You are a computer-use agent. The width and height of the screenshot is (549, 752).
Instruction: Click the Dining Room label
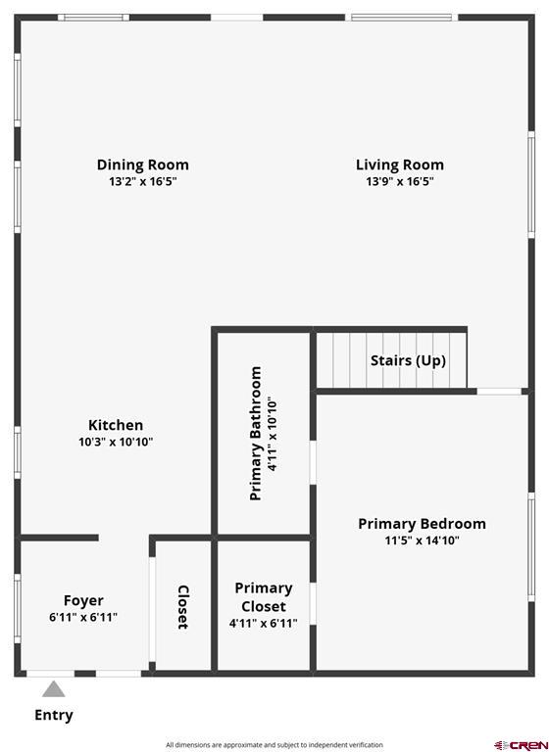(143, 164)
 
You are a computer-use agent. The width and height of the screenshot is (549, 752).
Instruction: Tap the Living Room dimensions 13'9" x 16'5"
(400, 181)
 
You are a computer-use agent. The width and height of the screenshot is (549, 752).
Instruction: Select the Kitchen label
(116, 425)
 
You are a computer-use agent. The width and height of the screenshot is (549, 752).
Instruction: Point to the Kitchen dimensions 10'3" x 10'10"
(116, 442)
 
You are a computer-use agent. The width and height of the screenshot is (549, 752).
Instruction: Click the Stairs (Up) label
(408, 360)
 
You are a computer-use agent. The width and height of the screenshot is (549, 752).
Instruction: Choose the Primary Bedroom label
(423, 524)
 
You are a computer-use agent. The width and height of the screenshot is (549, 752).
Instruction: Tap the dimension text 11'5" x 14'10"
(423, 540)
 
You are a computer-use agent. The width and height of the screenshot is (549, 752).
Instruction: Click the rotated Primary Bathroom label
(256, 434)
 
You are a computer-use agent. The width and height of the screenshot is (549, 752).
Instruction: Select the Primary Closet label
(263, 597)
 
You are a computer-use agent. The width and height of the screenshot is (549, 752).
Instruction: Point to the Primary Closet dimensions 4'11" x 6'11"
(263, 624)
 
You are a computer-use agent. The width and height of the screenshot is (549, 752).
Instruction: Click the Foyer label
(83, 600)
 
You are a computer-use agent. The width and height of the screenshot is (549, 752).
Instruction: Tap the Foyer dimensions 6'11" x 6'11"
(83, 617)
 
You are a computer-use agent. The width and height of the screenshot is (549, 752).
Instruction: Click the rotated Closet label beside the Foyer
(183, 607)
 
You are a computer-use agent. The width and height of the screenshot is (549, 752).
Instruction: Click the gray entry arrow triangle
(53, 690)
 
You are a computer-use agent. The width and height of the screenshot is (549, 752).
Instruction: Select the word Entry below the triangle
(54, 715)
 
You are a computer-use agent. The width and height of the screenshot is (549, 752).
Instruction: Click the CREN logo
(521, 745)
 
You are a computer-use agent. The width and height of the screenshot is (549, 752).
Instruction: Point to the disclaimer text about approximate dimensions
(274, 745)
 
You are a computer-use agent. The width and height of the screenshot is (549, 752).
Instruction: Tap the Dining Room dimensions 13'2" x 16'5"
(143, 181)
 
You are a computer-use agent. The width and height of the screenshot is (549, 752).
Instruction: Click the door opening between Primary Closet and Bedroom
(313, 604)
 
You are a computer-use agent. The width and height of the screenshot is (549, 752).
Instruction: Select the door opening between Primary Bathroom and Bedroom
(313, 462)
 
